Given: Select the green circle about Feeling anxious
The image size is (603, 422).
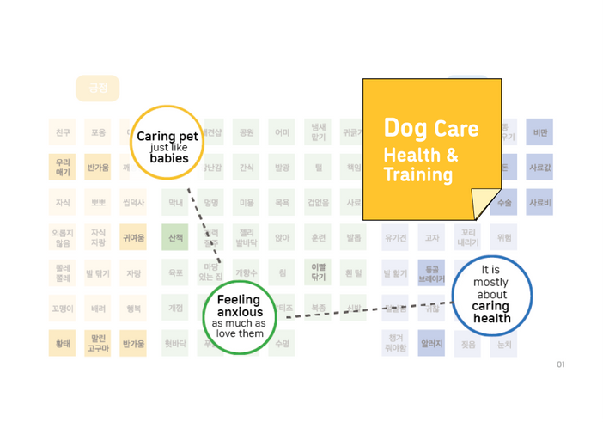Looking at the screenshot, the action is (x=239, y=316).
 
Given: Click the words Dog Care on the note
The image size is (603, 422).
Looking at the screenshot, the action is (x=430, y=129).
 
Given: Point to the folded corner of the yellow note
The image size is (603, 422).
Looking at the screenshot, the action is (x=485, y=204).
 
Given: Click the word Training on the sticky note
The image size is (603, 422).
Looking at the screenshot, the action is (x=417, y=174).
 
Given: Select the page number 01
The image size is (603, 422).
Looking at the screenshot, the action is (x=560, y=364).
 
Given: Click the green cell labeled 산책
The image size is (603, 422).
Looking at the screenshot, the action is (x=175, y=237).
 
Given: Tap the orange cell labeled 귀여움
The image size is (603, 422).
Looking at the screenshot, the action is (x=133, y=237).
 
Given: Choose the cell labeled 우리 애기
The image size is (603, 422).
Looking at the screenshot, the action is (x=63, y=167).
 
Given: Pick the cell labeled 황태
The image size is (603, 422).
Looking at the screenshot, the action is (x=63, y=344).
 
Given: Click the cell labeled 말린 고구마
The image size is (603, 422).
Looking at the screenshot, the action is (x=98, y=344).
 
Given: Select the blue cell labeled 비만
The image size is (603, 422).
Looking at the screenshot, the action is (x=540, y=132).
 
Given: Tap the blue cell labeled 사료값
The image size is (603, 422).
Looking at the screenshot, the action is (x=540, y=167).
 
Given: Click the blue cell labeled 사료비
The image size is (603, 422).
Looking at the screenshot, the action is (x=540, y=203).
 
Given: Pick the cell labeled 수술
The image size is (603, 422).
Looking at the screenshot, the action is (x=505, y=203).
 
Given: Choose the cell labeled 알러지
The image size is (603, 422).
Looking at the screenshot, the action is (x=431, y=344).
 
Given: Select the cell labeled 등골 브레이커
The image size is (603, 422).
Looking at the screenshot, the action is (x=431, y=273).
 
